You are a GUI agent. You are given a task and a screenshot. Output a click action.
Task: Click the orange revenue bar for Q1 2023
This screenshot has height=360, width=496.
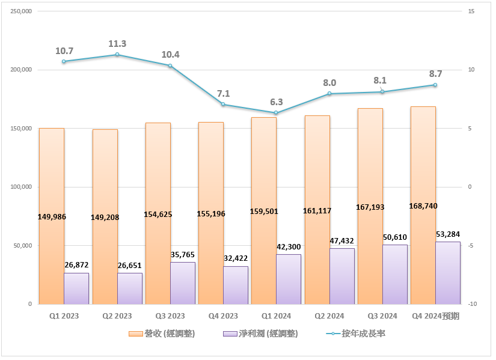tap(52, 180)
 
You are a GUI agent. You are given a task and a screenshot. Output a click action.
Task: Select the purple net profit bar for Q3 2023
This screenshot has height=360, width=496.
tap(183, 283)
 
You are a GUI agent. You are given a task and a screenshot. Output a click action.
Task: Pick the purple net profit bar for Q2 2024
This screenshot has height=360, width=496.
tap(342, 276)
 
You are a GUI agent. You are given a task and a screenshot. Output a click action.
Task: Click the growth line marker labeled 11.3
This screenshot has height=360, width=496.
tap(117, 55)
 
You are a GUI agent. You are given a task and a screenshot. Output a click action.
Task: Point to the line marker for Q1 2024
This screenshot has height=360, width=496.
tap(276, 113)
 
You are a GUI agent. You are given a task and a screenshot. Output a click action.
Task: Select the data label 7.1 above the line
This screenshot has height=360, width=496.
tap(223, 93)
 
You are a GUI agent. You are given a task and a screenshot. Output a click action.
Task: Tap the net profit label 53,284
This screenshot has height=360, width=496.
tap(448, 233)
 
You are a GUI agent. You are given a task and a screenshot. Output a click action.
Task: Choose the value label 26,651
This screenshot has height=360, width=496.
tap(129, 266)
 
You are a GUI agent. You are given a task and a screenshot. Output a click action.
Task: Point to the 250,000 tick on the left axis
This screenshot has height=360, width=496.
tap(22, 11)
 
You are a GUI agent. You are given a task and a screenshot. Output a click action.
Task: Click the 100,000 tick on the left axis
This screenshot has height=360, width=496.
tap(22, 187)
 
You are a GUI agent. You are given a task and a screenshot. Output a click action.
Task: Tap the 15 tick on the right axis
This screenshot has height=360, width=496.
tap(471, 11)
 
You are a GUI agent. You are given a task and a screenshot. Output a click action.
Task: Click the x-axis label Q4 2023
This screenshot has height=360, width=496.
tap(222, 316)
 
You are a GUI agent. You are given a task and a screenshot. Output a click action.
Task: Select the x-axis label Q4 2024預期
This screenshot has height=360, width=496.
tap(435, 316)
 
